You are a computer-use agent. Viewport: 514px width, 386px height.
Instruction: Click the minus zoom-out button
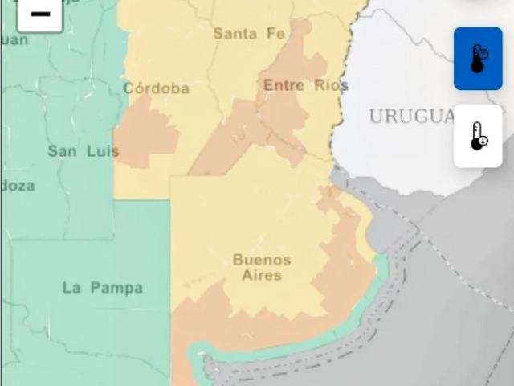click(39, 14)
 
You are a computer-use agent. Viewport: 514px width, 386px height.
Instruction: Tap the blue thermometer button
click(478, 59)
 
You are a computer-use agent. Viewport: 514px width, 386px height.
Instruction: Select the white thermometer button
click(478, 136)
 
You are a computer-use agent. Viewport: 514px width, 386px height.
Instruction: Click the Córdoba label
click(156, 88)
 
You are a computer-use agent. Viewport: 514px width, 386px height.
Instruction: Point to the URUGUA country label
click(412, 117)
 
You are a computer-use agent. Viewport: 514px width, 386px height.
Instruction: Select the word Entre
click(284, 85)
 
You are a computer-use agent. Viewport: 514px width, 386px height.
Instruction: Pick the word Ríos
click(332, 85)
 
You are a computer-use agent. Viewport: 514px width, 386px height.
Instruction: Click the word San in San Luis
click(63, 151)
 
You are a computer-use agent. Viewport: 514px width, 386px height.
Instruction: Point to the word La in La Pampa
click(71, 288)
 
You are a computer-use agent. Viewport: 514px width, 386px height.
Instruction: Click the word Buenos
click(261, 260)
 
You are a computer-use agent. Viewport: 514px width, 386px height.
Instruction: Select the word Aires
click(261, 275)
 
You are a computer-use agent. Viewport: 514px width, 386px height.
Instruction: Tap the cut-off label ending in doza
click(17, 186)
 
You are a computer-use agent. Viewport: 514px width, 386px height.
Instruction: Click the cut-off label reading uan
click(14, 39)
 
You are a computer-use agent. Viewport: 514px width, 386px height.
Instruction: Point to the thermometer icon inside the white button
click(478, 136)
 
